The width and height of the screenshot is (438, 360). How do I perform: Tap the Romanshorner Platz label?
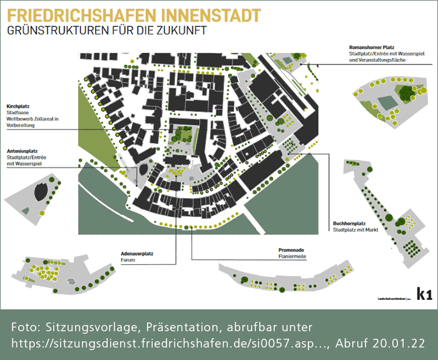(x=371, y=47)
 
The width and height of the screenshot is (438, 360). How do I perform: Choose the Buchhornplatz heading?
(x=350, y=223)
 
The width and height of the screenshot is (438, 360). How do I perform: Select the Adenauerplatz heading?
(x=137, y=254)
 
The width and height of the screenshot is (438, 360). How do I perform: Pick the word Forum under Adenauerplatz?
(x=128, y=261)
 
